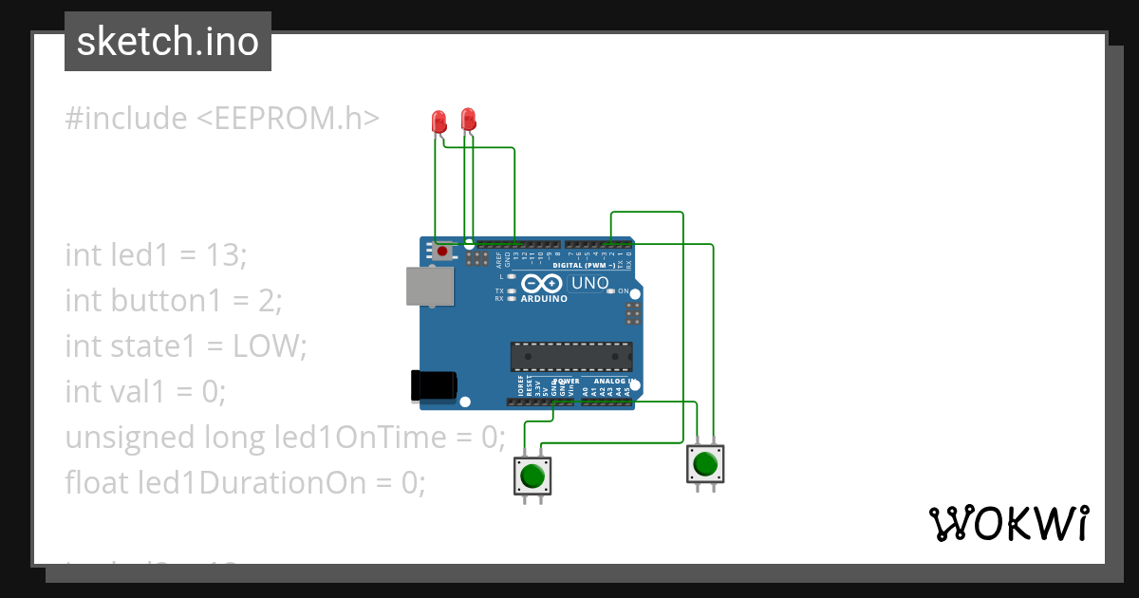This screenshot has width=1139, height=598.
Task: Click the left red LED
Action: pos(439,121)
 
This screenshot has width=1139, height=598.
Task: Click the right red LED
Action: pos(467,120)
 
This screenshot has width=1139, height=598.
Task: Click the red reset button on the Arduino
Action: pos(442,252)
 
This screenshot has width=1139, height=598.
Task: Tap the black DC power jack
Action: pos(433,384)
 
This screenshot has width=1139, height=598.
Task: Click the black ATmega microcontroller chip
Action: pos(570,356)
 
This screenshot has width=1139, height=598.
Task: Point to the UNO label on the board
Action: pos(589,283)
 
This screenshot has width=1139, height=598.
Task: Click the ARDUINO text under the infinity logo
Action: pos(544,299)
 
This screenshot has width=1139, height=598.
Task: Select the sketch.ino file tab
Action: pos(168,42)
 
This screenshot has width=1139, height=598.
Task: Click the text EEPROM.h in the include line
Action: pos(288,119)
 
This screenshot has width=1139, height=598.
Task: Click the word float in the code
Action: pos(97,483)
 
